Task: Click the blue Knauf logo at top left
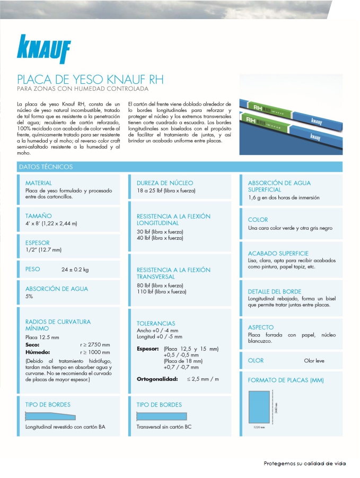(43, 49)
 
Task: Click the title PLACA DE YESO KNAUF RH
(91, 80)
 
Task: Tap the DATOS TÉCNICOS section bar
(46, 167)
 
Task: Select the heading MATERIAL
(39, 183)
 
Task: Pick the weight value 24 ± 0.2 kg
(75, 270)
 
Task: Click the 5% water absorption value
(29, 296)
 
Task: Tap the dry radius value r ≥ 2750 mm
(95, 344)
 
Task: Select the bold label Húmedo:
(38, 352)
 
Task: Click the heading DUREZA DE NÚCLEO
(165, 183)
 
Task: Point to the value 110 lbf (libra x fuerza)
(162, 292)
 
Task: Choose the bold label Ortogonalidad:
(157, 379)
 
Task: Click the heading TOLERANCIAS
(156, 323)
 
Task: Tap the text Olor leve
(314, 361)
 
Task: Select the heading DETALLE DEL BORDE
(275, 291)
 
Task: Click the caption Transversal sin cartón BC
(164, 427)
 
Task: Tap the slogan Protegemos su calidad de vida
(305, 463)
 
